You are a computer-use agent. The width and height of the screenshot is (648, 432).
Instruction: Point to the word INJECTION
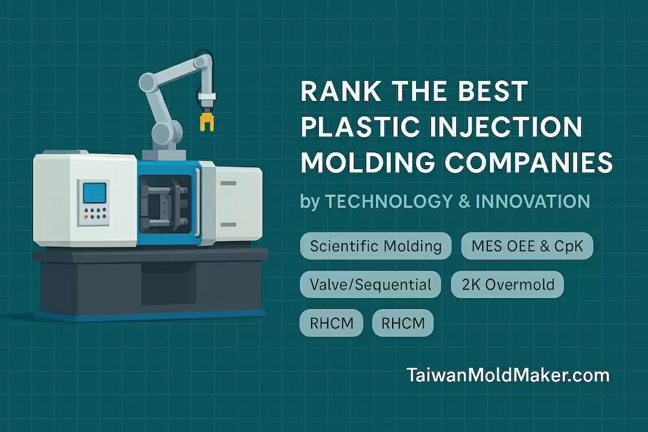coord(505,126)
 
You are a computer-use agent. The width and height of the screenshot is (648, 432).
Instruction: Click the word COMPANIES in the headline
coord(529,162)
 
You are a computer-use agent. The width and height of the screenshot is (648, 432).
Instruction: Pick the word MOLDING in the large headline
coord(367,162)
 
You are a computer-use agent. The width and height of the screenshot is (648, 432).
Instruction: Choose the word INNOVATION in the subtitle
coord(533,201)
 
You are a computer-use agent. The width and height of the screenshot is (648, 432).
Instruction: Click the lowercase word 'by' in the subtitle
coord(310,202)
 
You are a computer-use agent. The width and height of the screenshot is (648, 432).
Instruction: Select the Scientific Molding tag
coord(376,246)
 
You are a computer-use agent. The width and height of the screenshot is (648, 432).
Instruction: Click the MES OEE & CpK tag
coord(527,246)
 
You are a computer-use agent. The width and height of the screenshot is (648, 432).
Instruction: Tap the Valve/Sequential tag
coord(370,284)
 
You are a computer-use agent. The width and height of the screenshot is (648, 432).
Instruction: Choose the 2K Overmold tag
coord(507,284)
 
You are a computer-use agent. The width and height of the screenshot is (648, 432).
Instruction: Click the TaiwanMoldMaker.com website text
coord(508,376)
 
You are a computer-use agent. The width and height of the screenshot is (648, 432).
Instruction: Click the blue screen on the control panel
coord(95,193)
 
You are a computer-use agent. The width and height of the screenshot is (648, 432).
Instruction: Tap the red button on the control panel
coord(86,217)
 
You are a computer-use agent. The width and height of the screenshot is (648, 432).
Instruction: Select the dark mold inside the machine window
coord(165,205)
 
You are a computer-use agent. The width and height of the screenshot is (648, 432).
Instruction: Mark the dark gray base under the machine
coord(151,283)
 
